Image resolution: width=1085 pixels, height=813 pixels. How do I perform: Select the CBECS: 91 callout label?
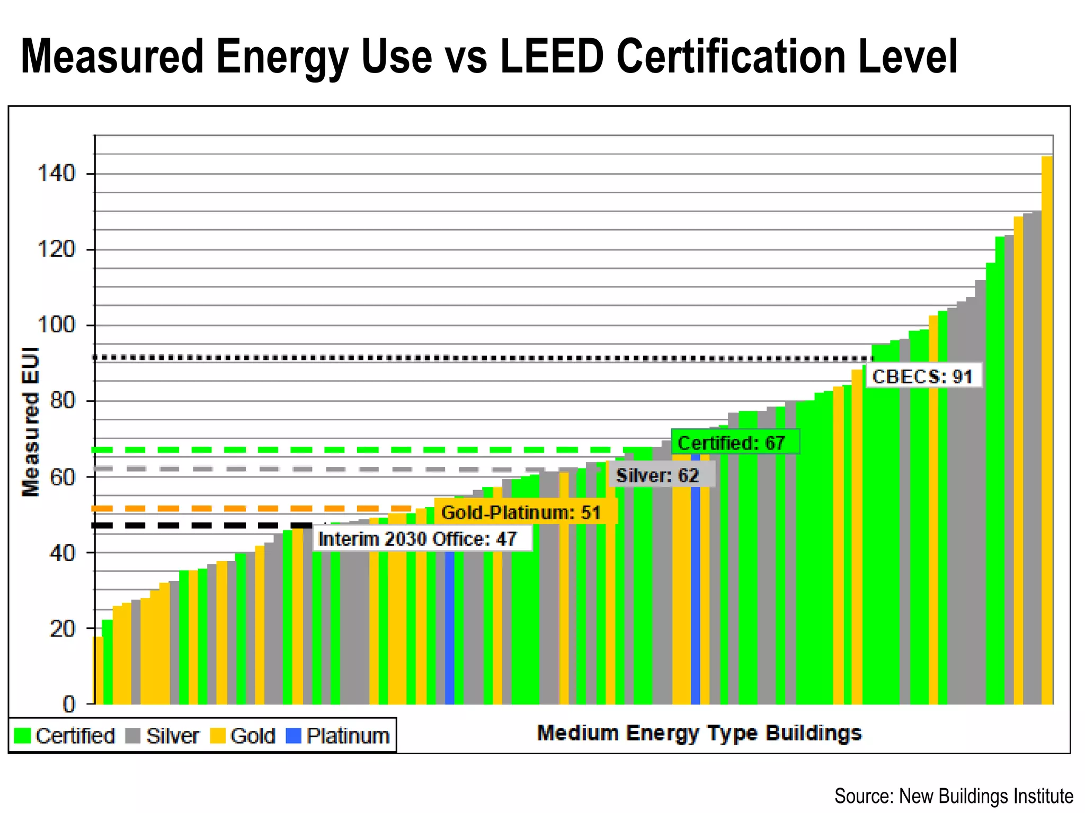(923, 376)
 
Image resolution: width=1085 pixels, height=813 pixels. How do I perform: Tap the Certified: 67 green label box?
(734, 442)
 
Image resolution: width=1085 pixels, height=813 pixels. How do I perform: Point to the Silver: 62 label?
(658, 475)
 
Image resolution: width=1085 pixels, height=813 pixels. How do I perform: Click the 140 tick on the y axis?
(56, 174)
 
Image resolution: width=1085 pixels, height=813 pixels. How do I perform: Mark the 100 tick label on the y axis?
(56, 324)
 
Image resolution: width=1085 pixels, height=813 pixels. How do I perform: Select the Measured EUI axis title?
(30, 422)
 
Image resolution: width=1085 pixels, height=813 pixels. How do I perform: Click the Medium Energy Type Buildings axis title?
(699, 733)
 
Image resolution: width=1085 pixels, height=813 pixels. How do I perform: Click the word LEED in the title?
(552, 57)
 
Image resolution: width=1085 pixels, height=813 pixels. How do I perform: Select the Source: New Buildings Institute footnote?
(954, 796)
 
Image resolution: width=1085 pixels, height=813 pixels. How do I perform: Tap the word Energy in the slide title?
(281, 57)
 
